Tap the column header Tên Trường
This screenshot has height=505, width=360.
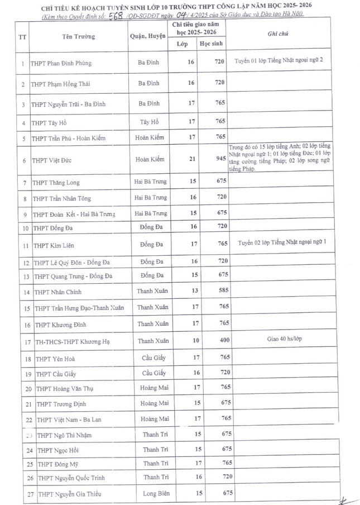(78, 37)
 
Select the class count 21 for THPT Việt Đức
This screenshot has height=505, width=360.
(191, 160)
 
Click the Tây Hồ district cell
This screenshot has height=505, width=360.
(148, 121)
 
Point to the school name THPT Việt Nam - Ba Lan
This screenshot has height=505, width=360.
(67, 419)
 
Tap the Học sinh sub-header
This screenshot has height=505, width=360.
(215, 44)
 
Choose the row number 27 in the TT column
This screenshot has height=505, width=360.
(22, 493)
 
